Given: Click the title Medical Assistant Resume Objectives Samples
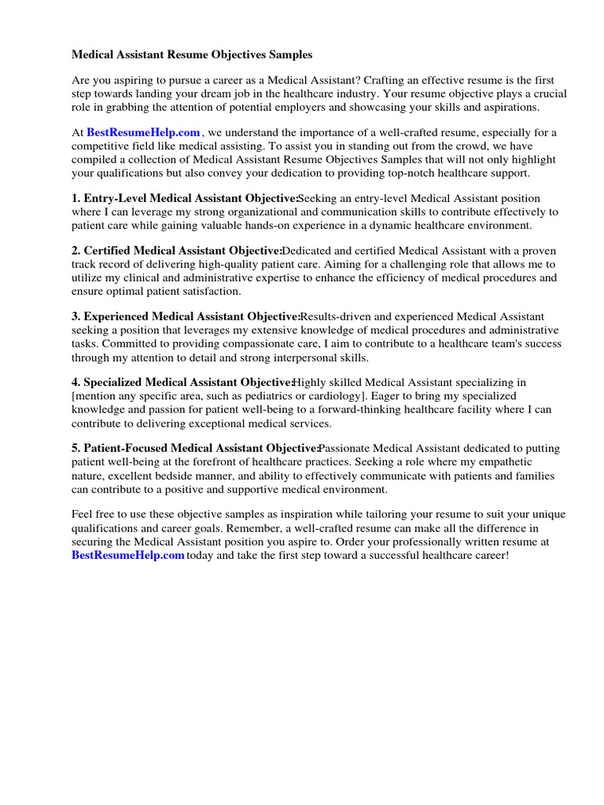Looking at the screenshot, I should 192,55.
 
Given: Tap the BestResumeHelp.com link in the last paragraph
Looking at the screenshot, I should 128,556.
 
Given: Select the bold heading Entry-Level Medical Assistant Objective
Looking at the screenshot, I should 185,199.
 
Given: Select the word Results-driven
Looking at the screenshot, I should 336,317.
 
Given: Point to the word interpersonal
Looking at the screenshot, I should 296,357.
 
